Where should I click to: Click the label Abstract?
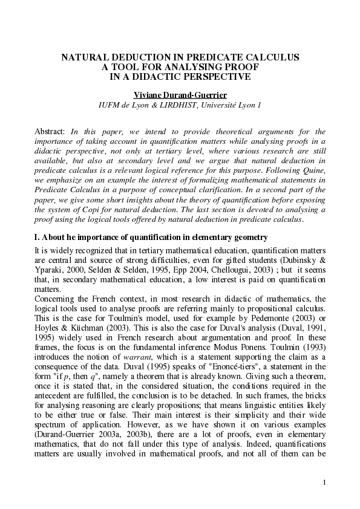(x=50, y=131)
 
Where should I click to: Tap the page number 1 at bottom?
(x=324, y=482)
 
